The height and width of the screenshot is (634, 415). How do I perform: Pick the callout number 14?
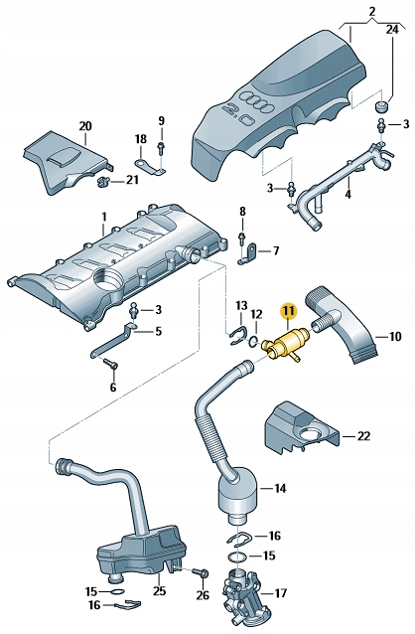pos(280,488)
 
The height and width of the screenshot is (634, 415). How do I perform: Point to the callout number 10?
pos(395,337)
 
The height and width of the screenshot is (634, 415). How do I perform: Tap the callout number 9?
pos(161,121)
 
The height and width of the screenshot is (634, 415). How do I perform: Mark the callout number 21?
pos(133,181)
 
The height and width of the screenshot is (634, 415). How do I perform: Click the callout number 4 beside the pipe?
pos(347,196)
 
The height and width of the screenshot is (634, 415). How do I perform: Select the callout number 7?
pos(276,250)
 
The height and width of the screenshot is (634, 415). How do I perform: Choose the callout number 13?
pos(240,304)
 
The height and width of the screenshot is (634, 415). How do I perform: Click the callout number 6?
pos(112,387)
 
